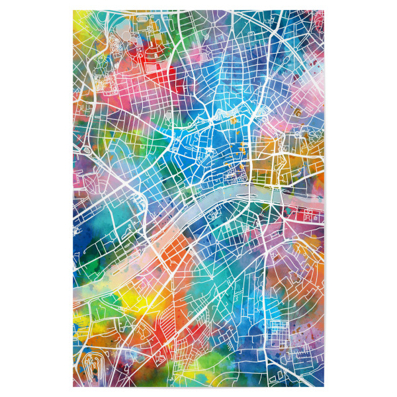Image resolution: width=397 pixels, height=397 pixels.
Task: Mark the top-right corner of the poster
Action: (324, 11)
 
